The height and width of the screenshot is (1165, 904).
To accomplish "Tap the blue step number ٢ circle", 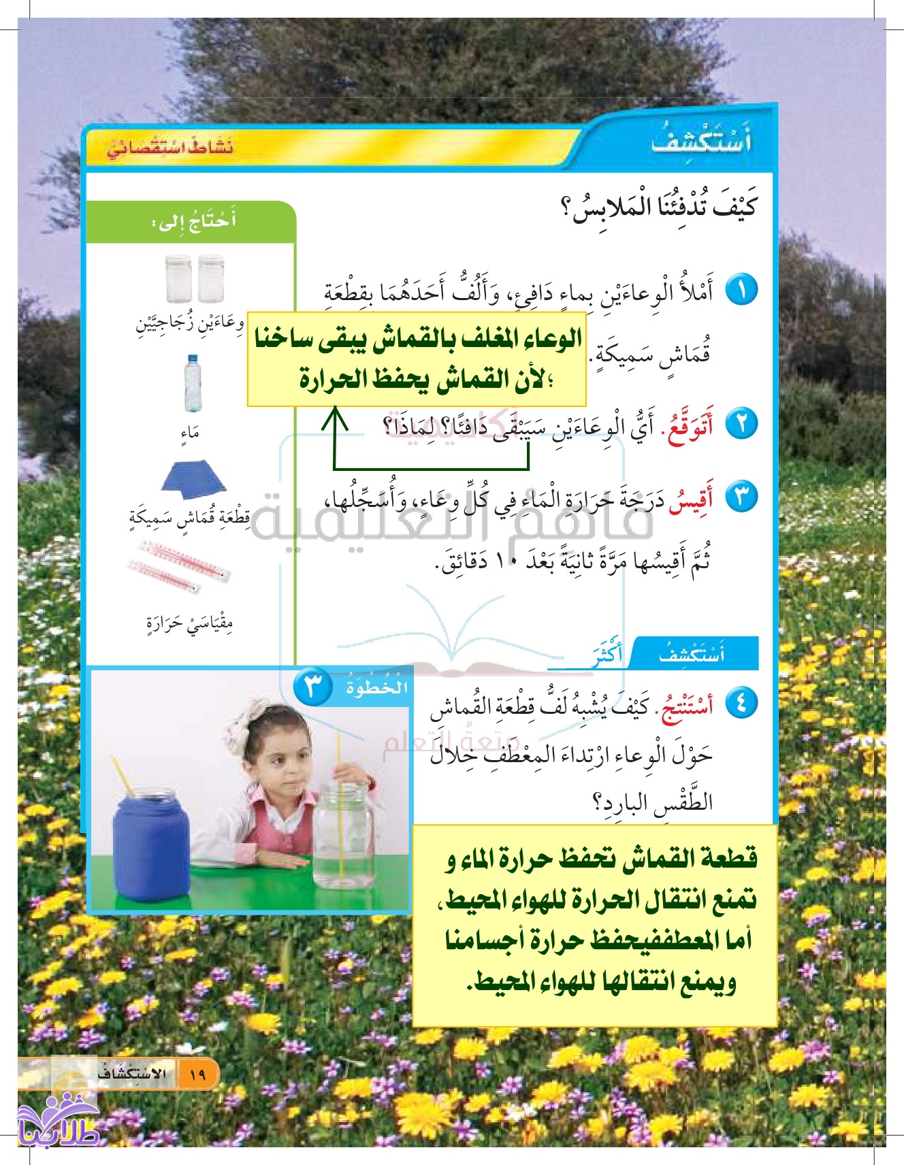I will pyautogui.click(x=741, y=425).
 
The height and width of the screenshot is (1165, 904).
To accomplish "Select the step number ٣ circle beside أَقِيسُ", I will pyautogui.click(x=741, y=497).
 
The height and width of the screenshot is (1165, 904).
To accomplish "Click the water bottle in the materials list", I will pyautogui.click(x=193, y=383).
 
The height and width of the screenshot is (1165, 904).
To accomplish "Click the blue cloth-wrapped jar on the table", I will pyautogui.click(x=151, y=844).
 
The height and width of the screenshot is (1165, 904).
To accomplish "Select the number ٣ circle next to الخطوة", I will pyautogui.click(x=312, y=687).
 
